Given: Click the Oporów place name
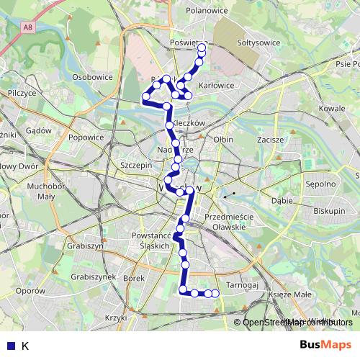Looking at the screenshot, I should [30, 290].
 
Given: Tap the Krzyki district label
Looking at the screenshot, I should [114, 317].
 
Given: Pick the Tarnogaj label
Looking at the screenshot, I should [241, 285].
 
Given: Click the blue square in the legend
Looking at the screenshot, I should [9, 346].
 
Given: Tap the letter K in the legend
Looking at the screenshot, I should [25, 346].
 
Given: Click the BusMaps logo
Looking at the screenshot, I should [326, 345].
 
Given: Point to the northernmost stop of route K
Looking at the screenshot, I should [202, 48].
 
